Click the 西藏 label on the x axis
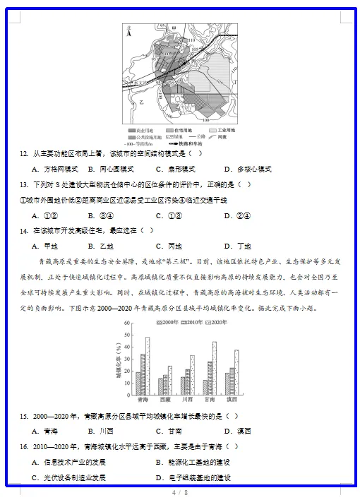(164, 400)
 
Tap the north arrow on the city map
(128, 30)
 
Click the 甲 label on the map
(174, 29)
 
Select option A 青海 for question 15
(45, 431)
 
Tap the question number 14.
(23, 231)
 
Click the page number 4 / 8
(179, 492)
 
